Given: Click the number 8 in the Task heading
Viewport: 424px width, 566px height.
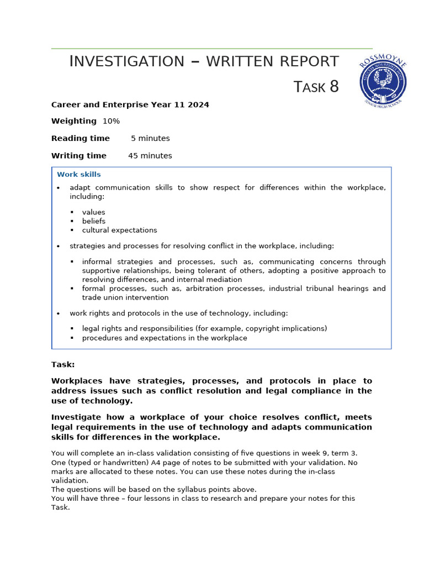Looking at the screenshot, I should (334, 87).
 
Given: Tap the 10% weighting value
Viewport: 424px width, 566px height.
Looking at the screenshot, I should (111, 121).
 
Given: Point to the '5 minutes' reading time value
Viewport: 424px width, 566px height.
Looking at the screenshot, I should (150, 138).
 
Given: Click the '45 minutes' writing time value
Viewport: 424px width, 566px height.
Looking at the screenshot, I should (150, 156).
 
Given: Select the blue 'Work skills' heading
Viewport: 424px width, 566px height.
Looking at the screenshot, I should (79, 175).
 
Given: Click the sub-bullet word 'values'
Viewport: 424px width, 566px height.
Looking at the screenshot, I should (93, 212).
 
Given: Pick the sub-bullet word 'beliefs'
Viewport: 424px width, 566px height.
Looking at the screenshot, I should (94, 221).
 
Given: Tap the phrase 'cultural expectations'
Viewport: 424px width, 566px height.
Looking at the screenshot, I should (119, 230).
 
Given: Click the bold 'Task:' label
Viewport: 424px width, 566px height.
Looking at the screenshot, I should (63, 365).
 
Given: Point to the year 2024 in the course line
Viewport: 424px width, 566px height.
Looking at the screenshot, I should (198, 104).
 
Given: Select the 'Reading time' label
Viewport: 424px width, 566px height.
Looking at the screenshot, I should (81, 138).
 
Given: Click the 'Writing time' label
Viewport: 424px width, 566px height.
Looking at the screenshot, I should (79, 156).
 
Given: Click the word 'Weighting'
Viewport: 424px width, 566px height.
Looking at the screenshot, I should (74, 121).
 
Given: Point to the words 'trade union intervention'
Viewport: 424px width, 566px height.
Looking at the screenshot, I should (125, 297).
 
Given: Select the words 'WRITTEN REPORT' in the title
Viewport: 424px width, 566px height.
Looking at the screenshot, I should (272, 61).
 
